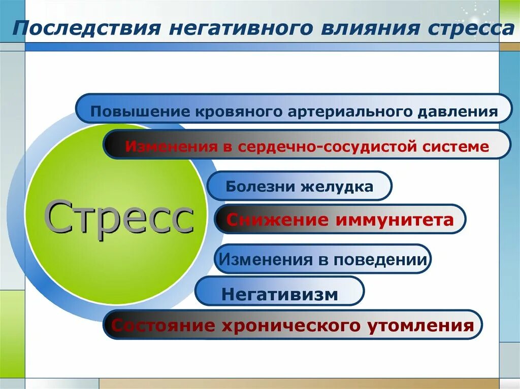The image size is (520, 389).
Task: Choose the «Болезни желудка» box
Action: point(299,186)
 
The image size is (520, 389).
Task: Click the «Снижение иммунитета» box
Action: point(340,219)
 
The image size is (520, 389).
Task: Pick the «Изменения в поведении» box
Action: point(322,259)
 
